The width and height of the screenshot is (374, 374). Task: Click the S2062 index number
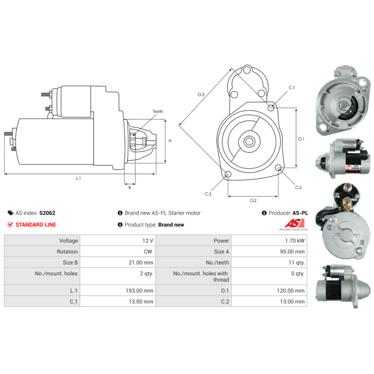47,213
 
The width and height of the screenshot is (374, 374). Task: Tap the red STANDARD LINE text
36,225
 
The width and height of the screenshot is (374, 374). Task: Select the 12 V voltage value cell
118,240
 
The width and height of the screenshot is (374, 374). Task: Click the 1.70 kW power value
295,241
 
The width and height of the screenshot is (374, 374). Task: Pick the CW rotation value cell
118,252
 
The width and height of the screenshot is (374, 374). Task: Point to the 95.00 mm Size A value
292,252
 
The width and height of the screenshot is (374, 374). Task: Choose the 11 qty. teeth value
296,263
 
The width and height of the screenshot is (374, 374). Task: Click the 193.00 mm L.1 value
139,291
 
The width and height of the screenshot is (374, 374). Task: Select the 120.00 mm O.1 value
291,291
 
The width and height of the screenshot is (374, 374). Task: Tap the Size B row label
70,263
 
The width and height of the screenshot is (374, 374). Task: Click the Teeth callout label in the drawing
158,111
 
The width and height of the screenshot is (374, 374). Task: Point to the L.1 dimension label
79,178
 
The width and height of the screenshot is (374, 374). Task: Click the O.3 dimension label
201,94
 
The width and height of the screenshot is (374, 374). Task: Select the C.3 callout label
208,194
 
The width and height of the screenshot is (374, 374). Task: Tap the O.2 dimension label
253,201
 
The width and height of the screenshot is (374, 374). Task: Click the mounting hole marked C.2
278,168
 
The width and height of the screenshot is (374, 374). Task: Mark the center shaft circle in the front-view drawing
249,142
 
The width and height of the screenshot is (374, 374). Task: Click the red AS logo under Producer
295,223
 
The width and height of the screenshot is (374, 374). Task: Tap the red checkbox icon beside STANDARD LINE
10,224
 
